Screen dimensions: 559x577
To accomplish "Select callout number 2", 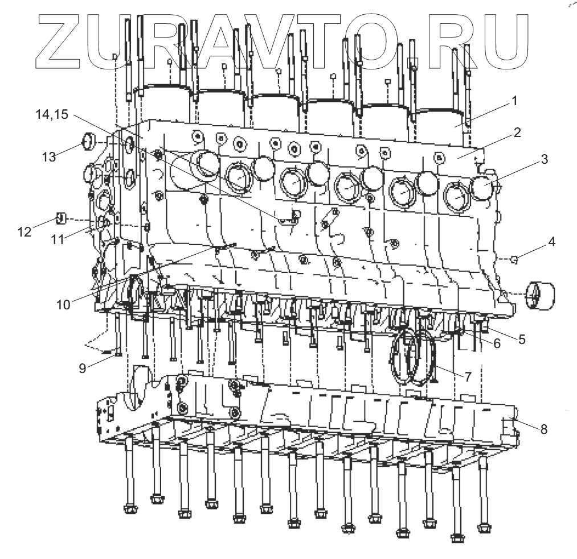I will click(x=517, y=133).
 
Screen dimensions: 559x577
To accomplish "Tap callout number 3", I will click(x=545, y=159).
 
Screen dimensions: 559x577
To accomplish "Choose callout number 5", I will click(x=522, y=339).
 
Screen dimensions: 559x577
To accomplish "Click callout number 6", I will click(x=497, y=343).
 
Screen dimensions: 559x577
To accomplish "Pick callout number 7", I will click(x=468, y=376).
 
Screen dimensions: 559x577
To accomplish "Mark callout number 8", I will click(x=543, y=429).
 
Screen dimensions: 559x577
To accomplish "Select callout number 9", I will click(x=83, y=368).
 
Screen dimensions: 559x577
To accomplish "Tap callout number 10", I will click(x=63, y=304).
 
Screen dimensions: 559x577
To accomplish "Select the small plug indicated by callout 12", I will click(x=63, y=218).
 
